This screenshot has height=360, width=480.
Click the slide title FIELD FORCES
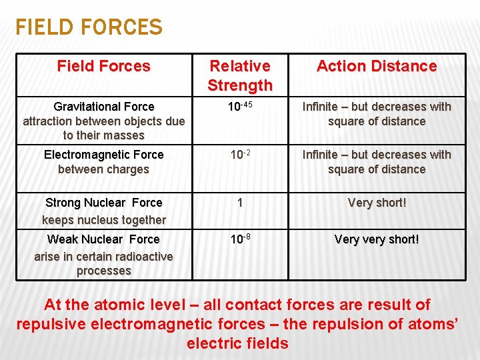[89, 27]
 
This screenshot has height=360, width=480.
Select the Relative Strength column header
[240, 75]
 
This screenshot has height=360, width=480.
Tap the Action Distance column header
[377, 66]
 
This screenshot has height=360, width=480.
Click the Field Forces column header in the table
[104, 66]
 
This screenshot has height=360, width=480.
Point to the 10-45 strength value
[240, 107]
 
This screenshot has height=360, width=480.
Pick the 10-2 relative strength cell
[240, 155]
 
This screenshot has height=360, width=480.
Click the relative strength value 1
[240, 203]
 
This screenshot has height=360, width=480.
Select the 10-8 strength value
[240, 239]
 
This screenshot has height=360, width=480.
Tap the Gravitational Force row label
[104, 107]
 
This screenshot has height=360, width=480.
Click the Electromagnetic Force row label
[104, 155]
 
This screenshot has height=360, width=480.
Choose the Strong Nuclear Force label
[104, 203]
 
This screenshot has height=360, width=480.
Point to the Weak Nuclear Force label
[104, 239]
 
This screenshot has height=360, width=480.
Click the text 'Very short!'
[377, 203]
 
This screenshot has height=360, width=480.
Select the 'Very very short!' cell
[377, 239]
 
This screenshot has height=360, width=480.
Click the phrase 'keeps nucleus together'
[104, 220]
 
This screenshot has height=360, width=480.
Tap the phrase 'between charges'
[104, 169]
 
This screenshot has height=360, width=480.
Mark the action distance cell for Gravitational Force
[377, 114]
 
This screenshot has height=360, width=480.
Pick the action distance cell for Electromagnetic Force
[377, 162]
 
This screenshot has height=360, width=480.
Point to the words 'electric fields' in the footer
[238, 344]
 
